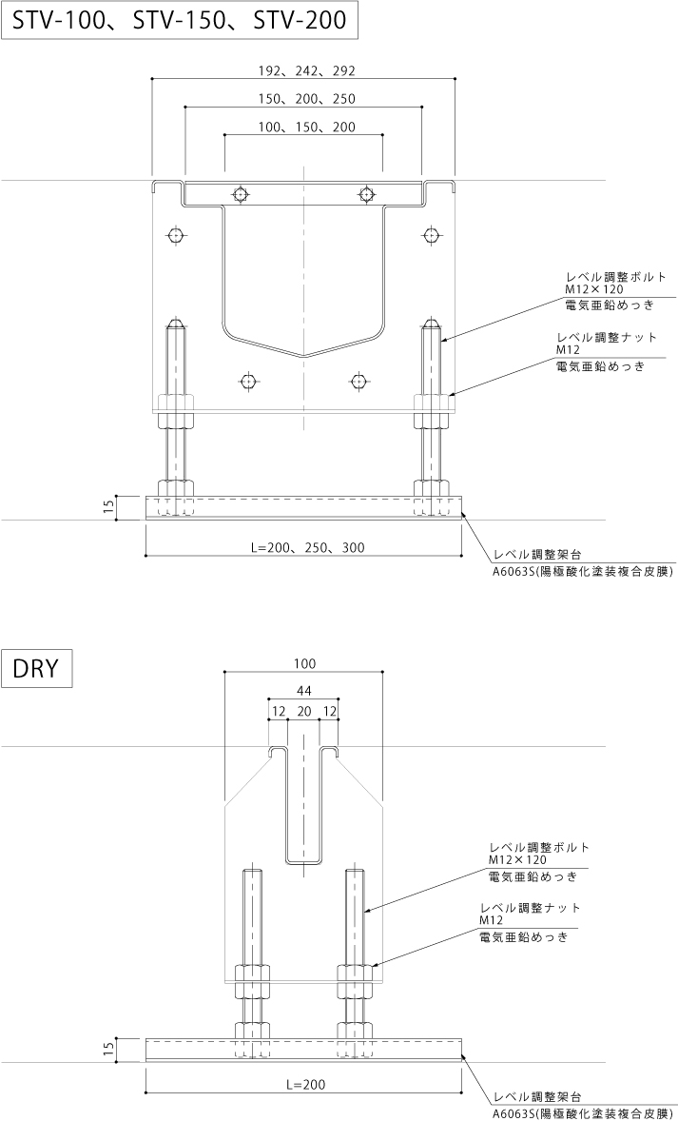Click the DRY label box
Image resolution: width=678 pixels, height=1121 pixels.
click(37, 666)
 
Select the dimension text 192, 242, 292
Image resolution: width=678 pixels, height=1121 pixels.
click(304, 70)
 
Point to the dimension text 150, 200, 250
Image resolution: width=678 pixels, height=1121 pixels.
click(304, 99)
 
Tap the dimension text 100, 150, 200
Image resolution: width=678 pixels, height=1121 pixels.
click(304, 127)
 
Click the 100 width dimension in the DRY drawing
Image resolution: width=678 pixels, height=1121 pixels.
click(304, 663)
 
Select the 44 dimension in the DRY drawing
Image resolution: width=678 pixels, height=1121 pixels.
click(304, 692)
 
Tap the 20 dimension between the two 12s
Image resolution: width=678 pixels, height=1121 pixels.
click(304, 712)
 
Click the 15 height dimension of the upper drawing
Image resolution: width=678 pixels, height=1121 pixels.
click(108, 508)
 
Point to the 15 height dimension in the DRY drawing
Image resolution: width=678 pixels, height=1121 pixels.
click(108, 1050)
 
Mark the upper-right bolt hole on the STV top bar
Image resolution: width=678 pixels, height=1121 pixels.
click(367, 194)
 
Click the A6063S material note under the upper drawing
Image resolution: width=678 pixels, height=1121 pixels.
click(582, 571)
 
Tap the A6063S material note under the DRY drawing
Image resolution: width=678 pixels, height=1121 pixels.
click(582, 1111)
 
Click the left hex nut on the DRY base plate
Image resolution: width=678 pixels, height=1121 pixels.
click(252, 1031)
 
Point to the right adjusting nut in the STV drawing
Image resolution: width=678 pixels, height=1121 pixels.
click(432, 411)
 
